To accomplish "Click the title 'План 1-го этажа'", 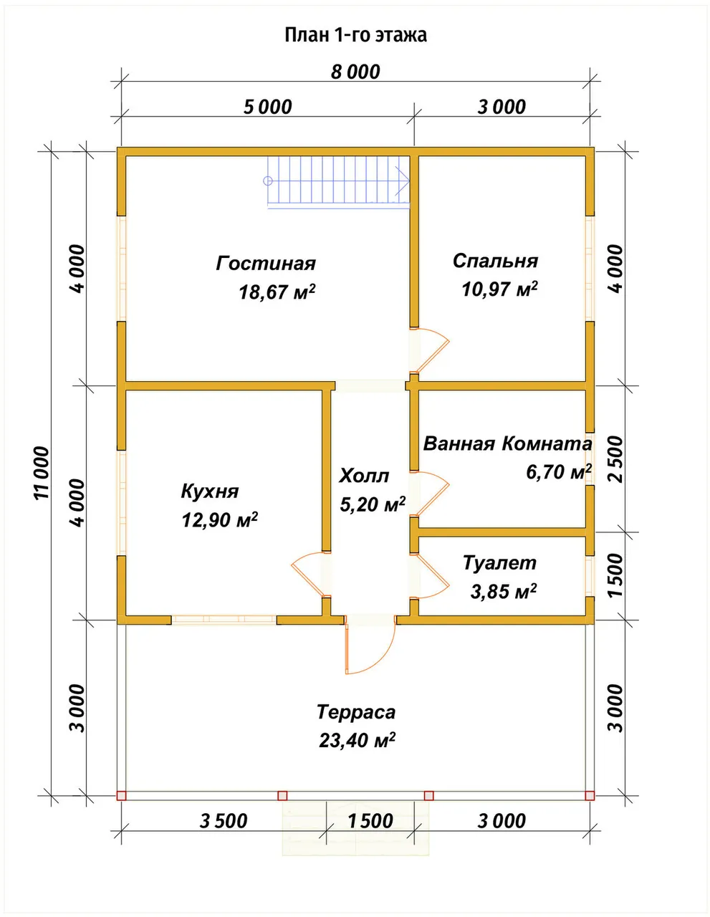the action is point(355,35).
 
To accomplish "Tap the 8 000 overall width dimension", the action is point(355,72).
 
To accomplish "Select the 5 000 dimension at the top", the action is point(267,107).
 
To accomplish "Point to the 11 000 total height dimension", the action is point(42,473).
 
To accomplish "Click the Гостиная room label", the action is point(266,264).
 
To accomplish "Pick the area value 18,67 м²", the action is point(277,292).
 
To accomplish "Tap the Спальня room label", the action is point(495,261).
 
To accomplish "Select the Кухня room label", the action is point(210,491).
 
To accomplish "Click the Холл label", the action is point(364,476).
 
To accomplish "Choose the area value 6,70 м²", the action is point(559,471).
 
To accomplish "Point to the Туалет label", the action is point(499,563).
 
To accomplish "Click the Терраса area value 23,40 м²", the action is point(357,740).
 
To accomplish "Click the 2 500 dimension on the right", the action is point(616,459).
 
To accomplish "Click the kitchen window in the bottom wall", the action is point(224,620).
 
